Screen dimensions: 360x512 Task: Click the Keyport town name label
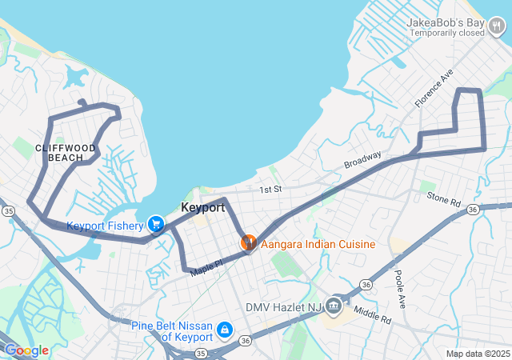coord(202,208)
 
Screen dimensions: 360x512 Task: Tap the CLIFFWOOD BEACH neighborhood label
coord(66,153)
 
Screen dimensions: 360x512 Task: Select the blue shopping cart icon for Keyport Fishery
coord(156,225)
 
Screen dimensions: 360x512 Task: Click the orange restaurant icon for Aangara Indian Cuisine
coord(248,242)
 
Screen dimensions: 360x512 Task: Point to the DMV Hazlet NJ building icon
coord(334,306)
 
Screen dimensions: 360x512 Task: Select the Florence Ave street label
coord(434,87)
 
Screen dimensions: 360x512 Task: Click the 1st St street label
coord(270,190)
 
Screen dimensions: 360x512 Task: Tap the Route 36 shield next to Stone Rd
coord(473,210)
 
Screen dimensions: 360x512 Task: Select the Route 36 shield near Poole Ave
coord(366,284)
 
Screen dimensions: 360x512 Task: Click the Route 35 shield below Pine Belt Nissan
coord(200,352)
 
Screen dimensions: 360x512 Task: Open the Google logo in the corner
coord(26,350)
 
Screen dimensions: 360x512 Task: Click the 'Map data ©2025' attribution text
coord(477,354)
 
